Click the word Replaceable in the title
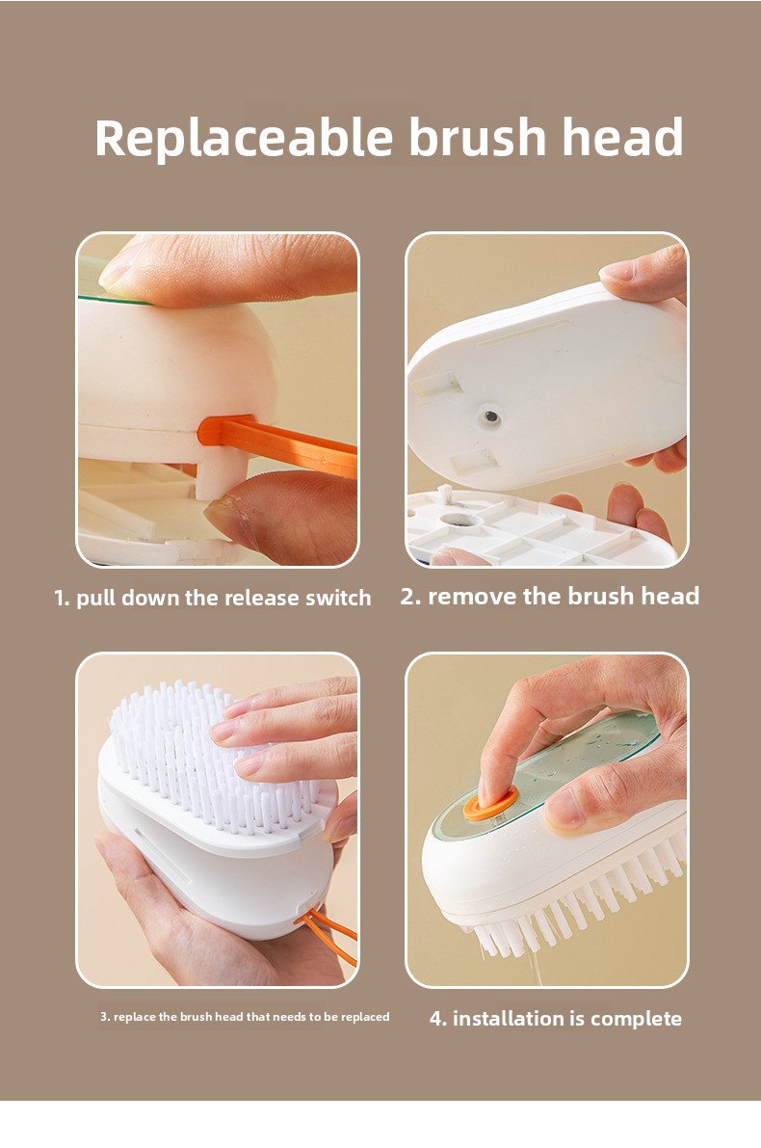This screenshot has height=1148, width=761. (x=245, y=139)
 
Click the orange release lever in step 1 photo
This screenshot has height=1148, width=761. (x=278, y=442)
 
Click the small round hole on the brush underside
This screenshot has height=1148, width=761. (x=489, y=417)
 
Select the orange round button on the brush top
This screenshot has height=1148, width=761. (x=490, y=802)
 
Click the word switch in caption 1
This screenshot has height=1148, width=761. (x=338, y=598)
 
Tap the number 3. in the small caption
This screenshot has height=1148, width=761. (x=105, y=1016)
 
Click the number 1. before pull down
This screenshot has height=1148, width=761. (x=63, y=599)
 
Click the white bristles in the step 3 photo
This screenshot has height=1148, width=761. (x=212, y=754)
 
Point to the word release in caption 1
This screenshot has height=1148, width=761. (x=261, y=599)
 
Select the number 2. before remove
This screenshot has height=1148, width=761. (x=410, y=597)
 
